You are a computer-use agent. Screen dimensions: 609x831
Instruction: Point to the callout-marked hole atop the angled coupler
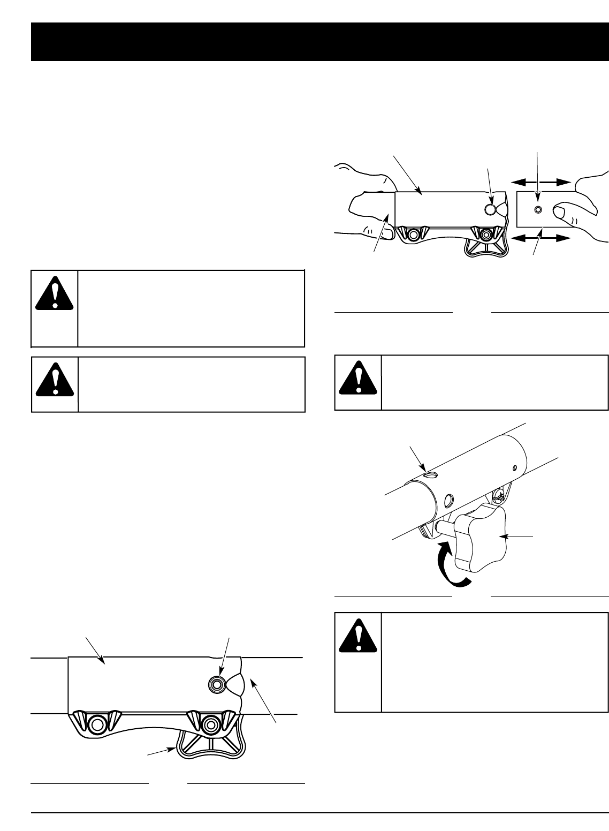click(x=429, y=474)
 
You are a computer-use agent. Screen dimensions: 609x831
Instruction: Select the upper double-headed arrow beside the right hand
click(x=538, y=183)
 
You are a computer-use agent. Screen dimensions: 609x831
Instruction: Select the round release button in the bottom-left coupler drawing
click(x=217, y=683)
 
